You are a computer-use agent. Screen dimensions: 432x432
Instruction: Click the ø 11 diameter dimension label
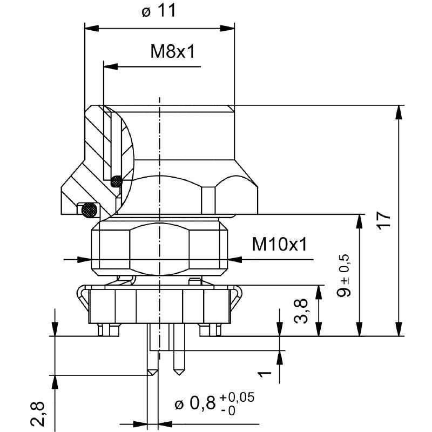[x=159, y=11]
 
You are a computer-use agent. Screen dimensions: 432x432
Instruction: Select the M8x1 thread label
[x=172, y=52]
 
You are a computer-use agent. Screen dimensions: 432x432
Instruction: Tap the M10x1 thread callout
[x=279, y=245]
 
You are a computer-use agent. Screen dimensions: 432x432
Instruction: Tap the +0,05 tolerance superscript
[x=237, y=397]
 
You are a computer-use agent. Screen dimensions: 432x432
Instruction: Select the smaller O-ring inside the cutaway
[x=116, y=182]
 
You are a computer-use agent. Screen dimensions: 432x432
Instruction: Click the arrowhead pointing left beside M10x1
[x=233, y=260]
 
